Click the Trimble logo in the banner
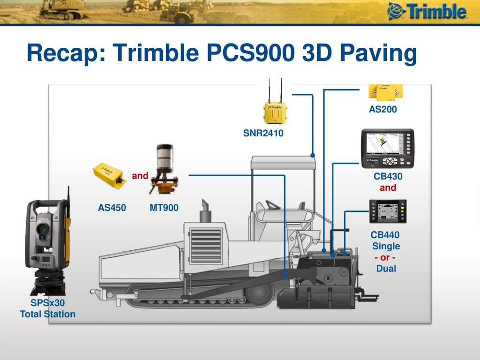[x=427, y=11]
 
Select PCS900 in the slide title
[x=251, y=52]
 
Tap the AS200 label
[x=382, y=109]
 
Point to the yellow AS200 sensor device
[x=385, y=92]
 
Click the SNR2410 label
[x=263, y=133]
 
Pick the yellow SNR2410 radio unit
[x=275, y=112]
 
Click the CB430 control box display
[x=388, y=149]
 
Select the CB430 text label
[x=388, y=176]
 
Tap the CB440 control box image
[x=388, y=211]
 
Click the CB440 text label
[x=385, y=235]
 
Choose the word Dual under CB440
[x=386, y=269]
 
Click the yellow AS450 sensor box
[x=109, y=176]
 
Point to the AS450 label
[x=112, y=208]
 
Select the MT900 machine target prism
[x=165, y=169]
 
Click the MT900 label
[x=164, y=208]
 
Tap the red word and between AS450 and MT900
[x=140, y=176]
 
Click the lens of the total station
[x=43, y=229]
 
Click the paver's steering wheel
[x=273, y=205]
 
